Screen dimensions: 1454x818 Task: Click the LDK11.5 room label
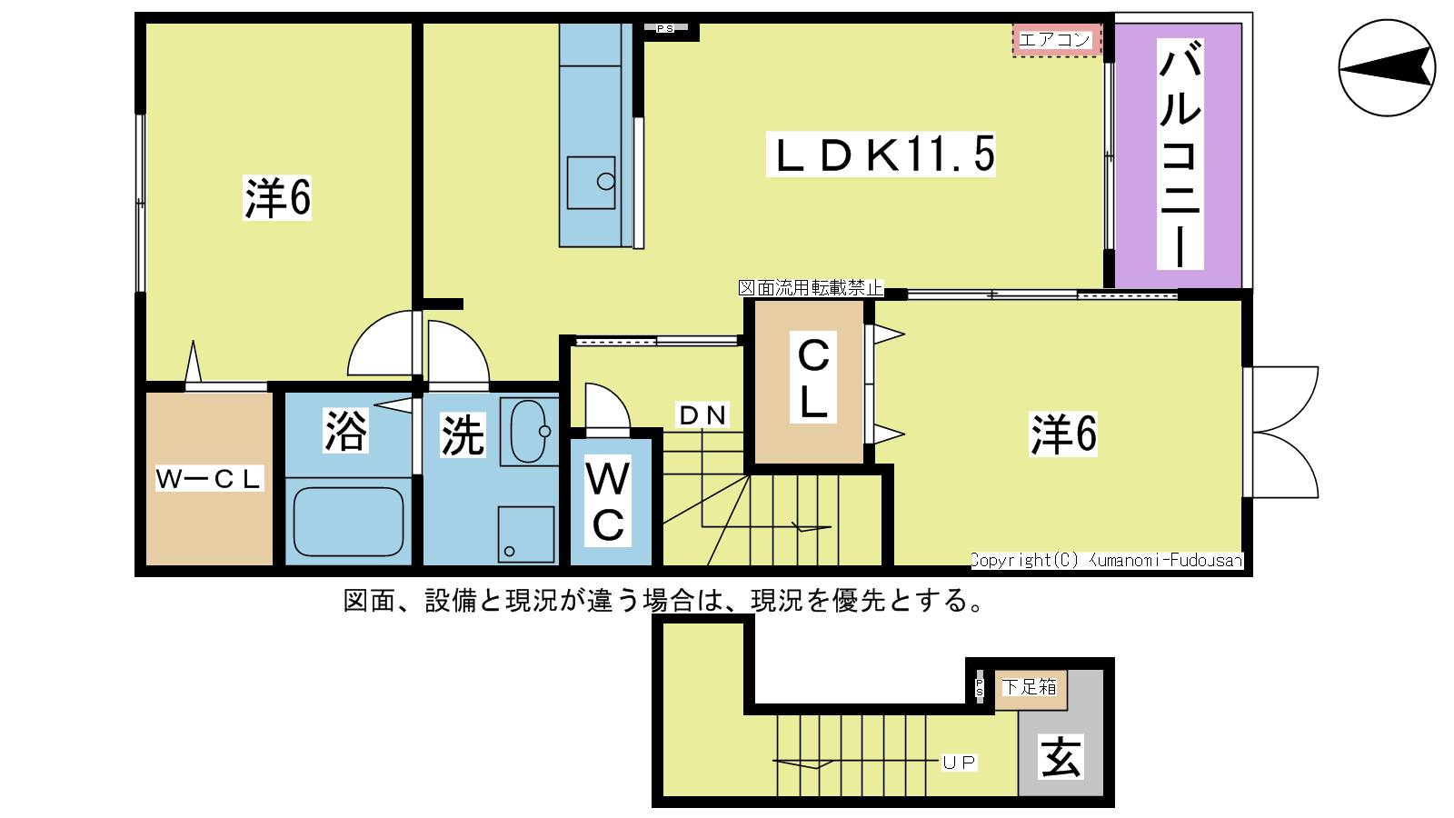[881, 155]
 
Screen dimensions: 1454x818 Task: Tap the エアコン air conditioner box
[1057, 40]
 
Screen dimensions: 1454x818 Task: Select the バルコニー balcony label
[1180, 154]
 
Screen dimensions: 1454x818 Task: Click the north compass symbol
[1387, 67]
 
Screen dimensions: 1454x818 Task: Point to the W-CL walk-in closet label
[209, 478]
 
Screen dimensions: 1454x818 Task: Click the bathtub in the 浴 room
[348, 522]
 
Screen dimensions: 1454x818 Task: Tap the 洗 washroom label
[463, 434]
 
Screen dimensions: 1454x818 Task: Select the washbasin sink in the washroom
[530, 431]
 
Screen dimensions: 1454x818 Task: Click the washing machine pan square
[526, 534]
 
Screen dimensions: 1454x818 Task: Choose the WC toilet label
[608, 501]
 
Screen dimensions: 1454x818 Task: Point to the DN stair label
[702, 415]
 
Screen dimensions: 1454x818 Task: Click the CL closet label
[812, 378]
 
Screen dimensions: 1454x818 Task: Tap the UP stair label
[960, 763]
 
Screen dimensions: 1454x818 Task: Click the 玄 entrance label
[1061, 756]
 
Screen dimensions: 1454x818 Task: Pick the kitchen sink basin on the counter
[591, 183]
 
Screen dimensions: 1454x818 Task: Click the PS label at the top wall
[664, 28]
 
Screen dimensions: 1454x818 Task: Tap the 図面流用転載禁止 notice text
[811, 287]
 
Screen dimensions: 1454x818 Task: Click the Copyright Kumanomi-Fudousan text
[1107, 560]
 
